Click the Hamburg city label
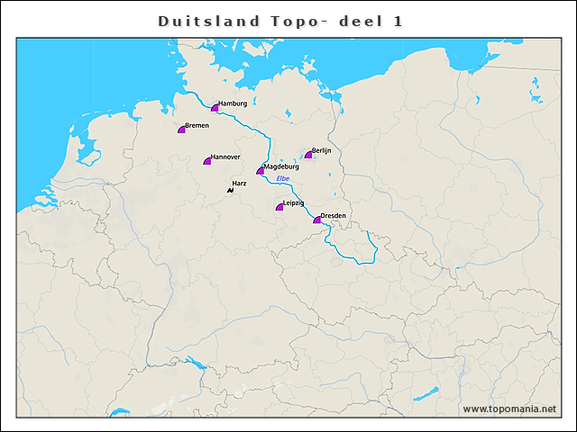tap(233, 103)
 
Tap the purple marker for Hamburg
tap(215, 108)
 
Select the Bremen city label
tap(197, 125)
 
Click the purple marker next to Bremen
tap(182, 130)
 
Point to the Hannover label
tap(225, 157)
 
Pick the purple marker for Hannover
tap(207, 161)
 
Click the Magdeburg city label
tap(281, 166)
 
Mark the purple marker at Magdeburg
tap(261, 170)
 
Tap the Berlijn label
tap(322, 150)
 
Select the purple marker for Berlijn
tap(308, 155)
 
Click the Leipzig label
tap(293, 203)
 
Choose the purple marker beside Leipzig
tap(279, 208)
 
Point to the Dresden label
tap(334, 216)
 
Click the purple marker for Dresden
tap(316, 220)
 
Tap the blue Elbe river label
tap(283, 179)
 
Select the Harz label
tap(239, 183)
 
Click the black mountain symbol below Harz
tap(231, 190)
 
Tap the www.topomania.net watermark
tap(509, 409)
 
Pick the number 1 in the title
tap(397, 21)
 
